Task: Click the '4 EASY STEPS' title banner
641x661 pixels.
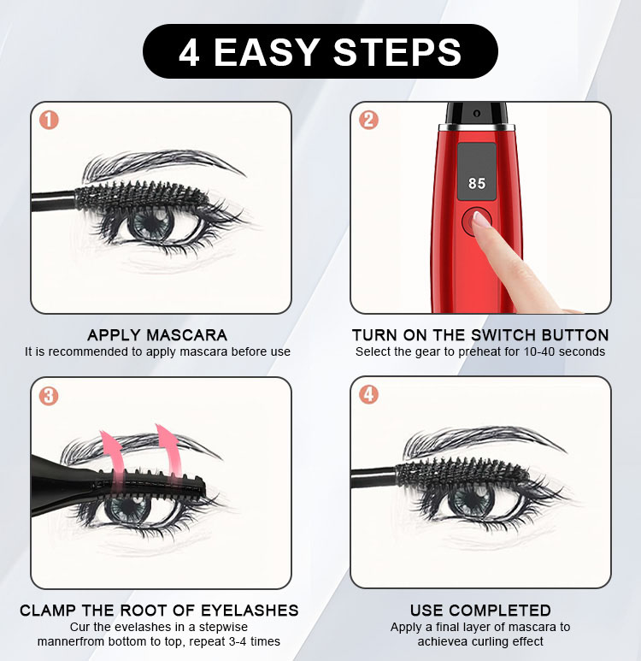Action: point(320,51)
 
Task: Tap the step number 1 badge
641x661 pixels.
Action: point(49,121)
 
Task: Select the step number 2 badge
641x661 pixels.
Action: point(368,121)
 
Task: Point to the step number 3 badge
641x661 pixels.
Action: point(49,396)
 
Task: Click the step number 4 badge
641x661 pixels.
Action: point(368,394)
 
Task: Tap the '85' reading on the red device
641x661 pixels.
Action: point(477,183)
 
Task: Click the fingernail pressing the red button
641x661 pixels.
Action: point(479,219)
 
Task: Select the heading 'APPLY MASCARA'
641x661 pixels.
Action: point(157,335)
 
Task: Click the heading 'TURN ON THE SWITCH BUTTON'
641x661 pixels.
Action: point(480,335)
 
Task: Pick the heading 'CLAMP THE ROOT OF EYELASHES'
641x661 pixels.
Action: point(159,611)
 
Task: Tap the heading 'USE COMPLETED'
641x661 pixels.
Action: point(480,611)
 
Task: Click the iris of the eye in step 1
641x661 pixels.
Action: point(151,222)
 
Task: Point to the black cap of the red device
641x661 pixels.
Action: point(476,114)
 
